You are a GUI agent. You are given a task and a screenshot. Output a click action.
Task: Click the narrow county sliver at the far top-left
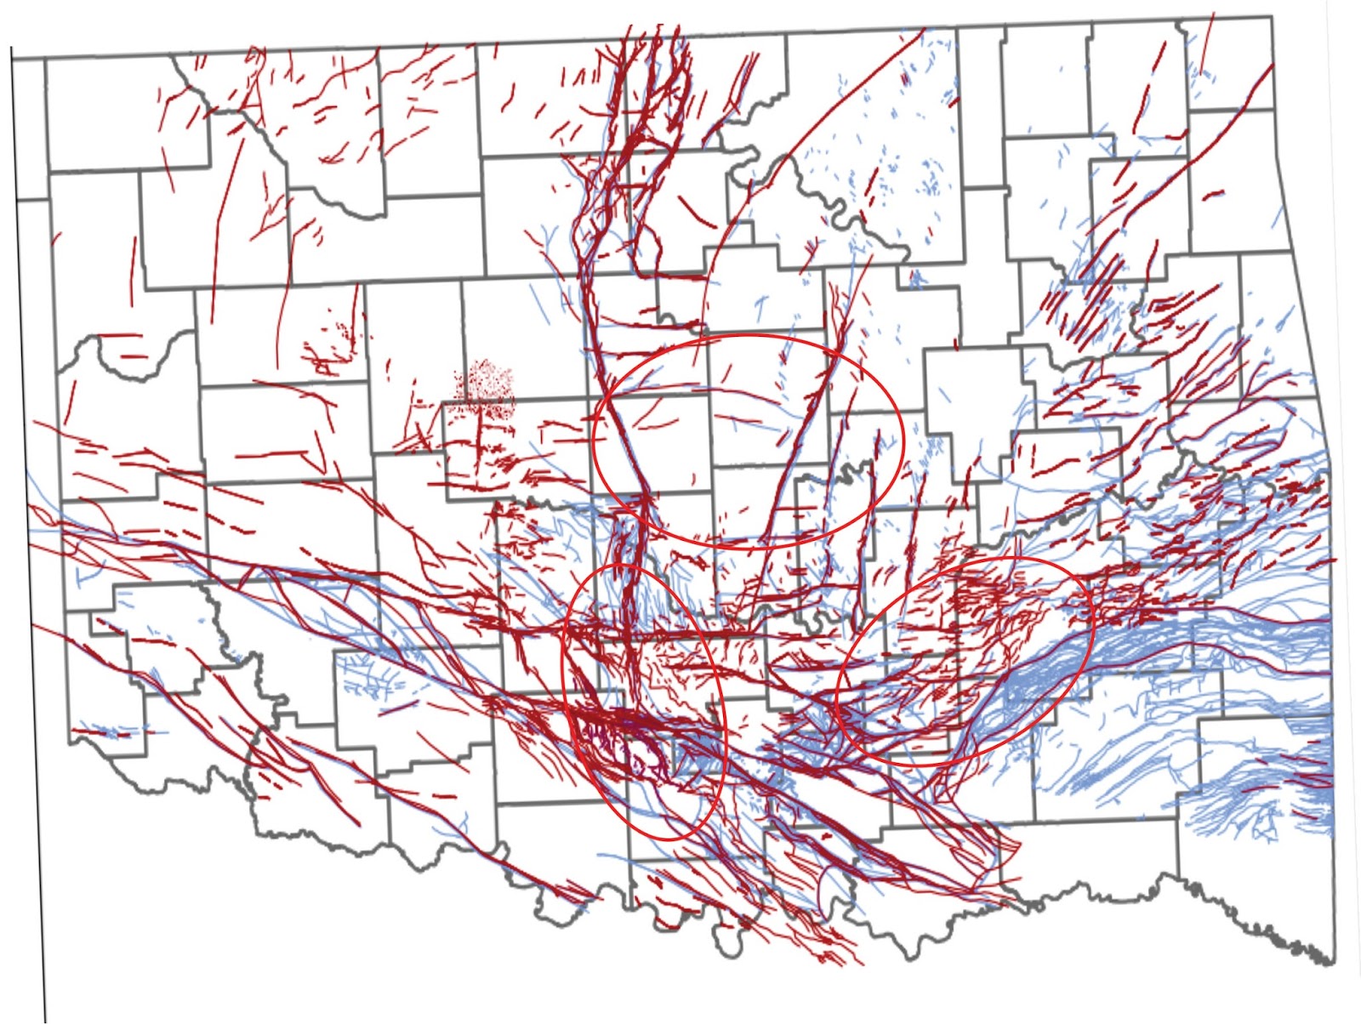31,128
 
